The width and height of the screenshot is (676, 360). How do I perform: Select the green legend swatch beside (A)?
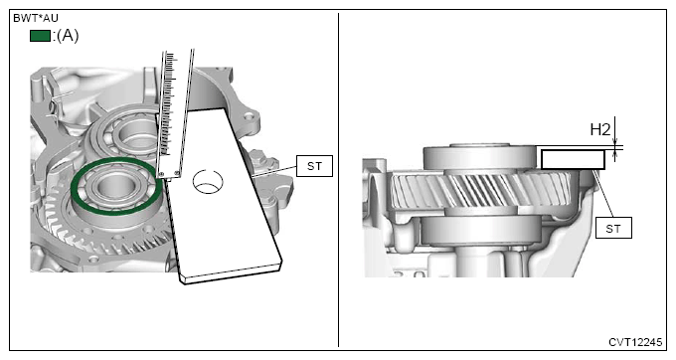point(41,36)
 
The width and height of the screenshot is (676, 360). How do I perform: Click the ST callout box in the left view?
point(313,166)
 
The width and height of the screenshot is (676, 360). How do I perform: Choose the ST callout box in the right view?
point(612,227)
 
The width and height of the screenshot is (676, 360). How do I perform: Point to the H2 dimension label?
point(599,129)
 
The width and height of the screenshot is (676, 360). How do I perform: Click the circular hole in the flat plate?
point(209,182)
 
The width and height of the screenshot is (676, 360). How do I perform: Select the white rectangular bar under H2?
point(573,158)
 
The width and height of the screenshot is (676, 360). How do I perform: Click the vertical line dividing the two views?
point(339,179)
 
